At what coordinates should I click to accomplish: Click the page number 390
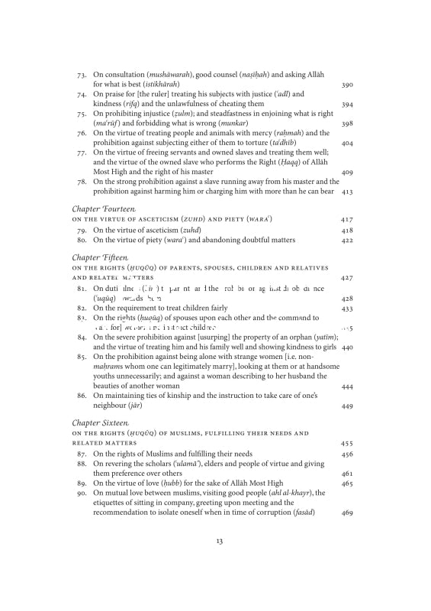(346, 85)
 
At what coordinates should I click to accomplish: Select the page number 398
(346, 123)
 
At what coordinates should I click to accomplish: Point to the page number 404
(346, 143)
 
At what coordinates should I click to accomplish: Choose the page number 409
(346, 172)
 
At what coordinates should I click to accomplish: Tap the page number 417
(346, 219)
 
